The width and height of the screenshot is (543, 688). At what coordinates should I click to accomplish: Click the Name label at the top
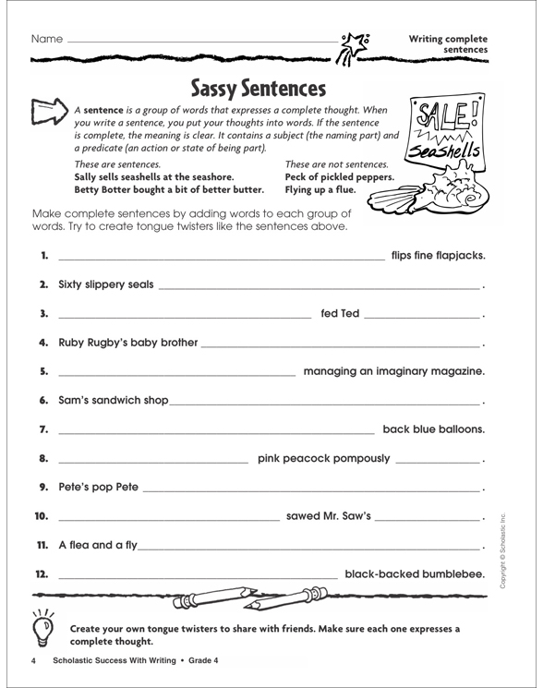point(46,40)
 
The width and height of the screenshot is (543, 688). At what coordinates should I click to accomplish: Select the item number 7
point(42,430)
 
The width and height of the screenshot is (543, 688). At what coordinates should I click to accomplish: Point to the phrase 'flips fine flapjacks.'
point(438,255)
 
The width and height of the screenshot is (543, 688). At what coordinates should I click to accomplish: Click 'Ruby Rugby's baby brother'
point(127,344)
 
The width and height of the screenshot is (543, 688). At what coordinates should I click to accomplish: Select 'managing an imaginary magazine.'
point(393,371)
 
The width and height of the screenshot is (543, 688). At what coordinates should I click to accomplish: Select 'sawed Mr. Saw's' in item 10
point(329,515)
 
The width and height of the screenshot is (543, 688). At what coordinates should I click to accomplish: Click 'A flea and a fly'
point(96,545)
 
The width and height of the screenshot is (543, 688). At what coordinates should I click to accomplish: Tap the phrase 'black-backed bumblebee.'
point(415,574)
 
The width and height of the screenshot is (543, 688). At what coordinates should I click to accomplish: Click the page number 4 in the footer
point(34,661)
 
